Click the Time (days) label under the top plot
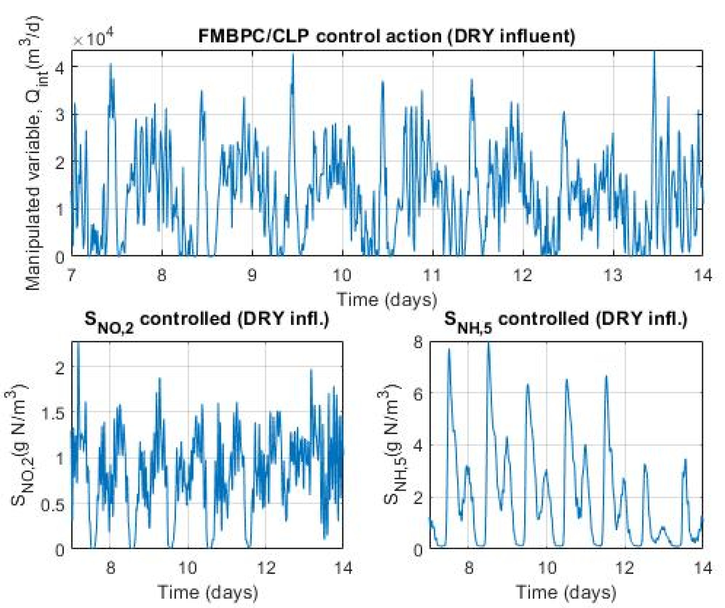click(387, 299)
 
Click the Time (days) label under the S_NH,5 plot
click(566, 592)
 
